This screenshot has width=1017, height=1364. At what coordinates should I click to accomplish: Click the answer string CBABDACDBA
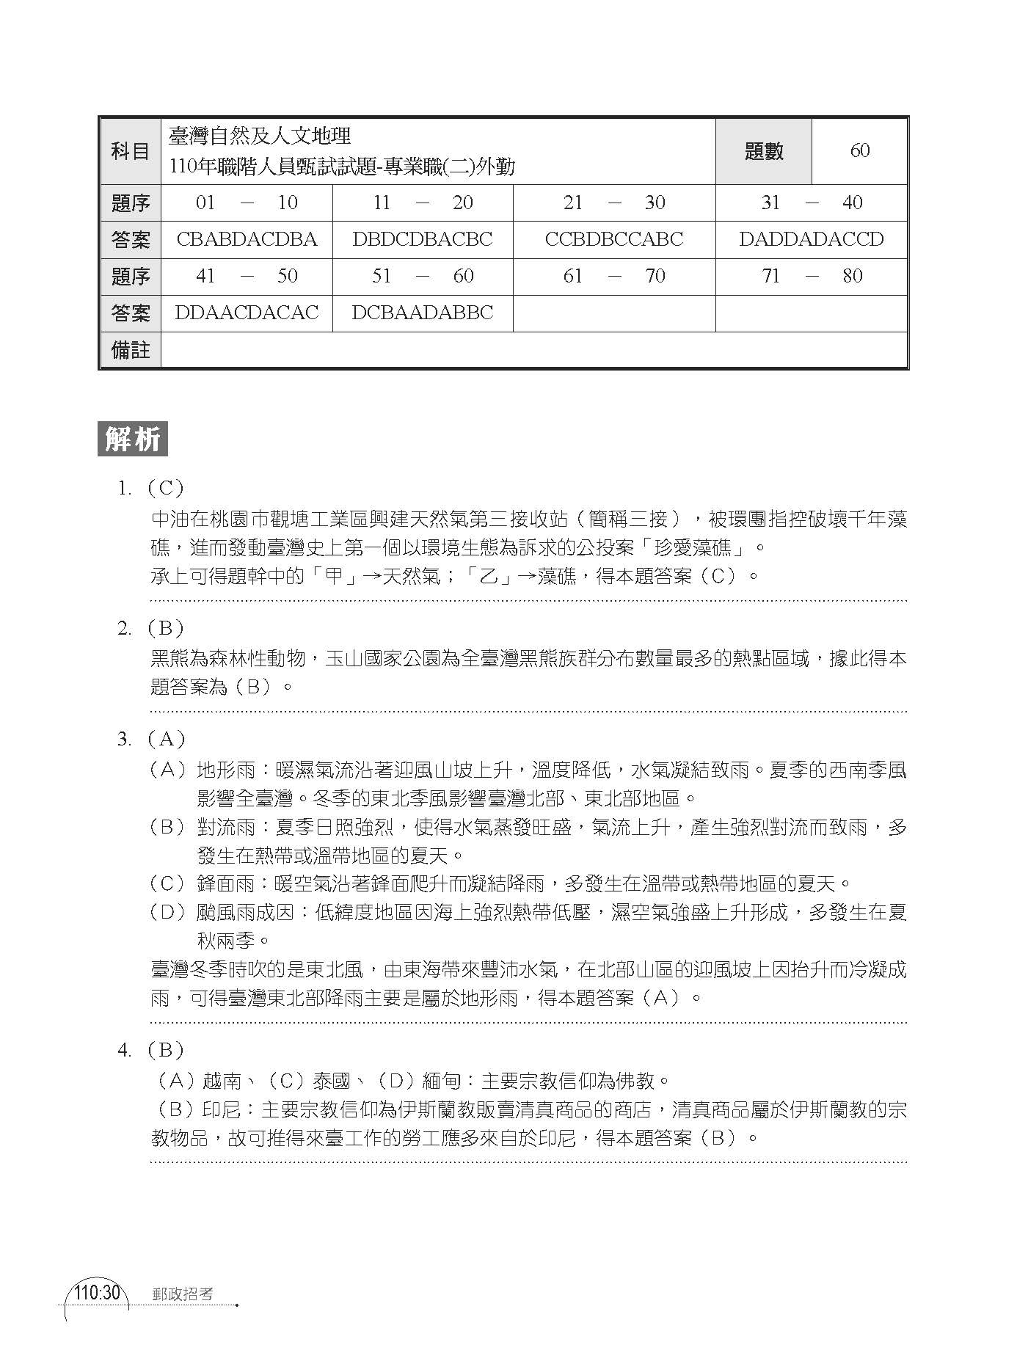click(247, 240)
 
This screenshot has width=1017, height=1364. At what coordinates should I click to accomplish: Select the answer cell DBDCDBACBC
click(423, 240)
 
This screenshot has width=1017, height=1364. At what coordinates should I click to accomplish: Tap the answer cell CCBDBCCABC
click(614, 240)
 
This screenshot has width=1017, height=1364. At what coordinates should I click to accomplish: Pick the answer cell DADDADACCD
click(812, 240)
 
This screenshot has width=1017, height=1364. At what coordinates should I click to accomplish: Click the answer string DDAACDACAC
click(247, 313)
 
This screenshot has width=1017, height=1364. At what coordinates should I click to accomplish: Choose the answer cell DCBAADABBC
click(423, 313)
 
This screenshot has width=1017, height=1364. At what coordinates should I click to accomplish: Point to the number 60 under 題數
click(860, 151)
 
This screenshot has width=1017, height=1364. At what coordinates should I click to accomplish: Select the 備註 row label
click(130, 351)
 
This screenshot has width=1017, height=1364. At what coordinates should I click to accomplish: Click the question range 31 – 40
click(812, 203)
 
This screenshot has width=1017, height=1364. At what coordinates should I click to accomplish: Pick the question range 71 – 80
click(812, 277)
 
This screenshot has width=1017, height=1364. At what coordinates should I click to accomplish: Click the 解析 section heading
click(133, 440)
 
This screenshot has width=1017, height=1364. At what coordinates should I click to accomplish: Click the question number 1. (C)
click(150, 488)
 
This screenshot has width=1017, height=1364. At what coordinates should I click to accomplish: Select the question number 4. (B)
click(150, 1050)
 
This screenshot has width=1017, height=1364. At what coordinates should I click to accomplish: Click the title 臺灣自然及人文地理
click(260, 136)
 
